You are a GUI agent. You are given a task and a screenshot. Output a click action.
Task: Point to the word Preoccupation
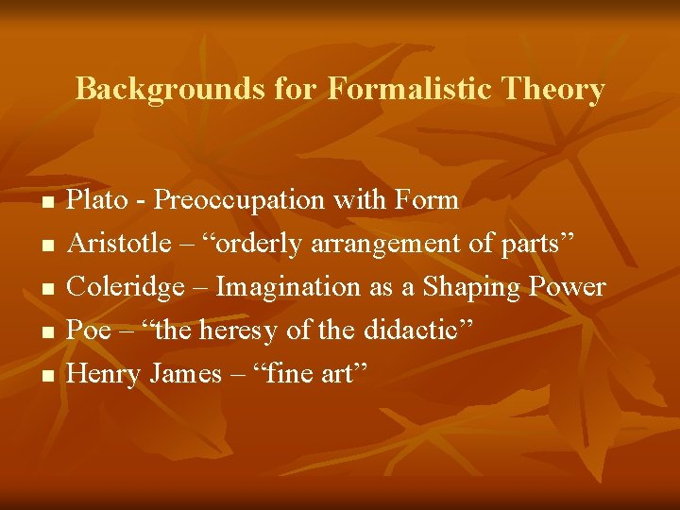pos(237,200)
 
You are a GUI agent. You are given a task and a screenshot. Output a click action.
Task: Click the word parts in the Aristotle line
pos(535,244)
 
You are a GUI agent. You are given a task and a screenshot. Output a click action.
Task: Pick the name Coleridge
pos(125,287)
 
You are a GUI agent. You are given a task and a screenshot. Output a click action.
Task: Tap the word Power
pos(570,287)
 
